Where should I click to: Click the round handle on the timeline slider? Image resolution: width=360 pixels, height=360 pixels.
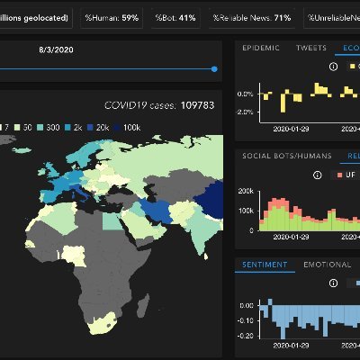click(x=214, y=68)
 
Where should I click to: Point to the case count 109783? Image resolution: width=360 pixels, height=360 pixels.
click(x=202, y=105)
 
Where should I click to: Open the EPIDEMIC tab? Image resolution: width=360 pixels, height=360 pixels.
click(x=261, y=48)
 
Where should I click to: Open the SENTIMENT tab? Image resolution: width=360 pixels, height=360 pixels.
click(x=265, y=265)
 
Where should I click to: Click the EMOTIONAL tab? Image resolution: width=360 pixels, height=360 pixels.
click(x=328, y=265)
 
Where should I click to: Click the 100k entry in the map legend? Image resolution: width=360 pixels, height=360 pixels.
click(x=132, y=128)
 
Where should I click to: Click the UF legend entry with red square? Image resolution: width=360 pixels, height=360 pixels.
click(x=344, y=175)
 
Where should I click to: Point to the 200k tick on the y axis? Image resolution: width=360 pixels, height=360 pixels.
click(x=247, y=191)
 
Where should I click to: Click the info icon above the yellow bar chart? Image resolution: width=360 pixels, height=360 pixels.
click(x=333, y=66)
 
